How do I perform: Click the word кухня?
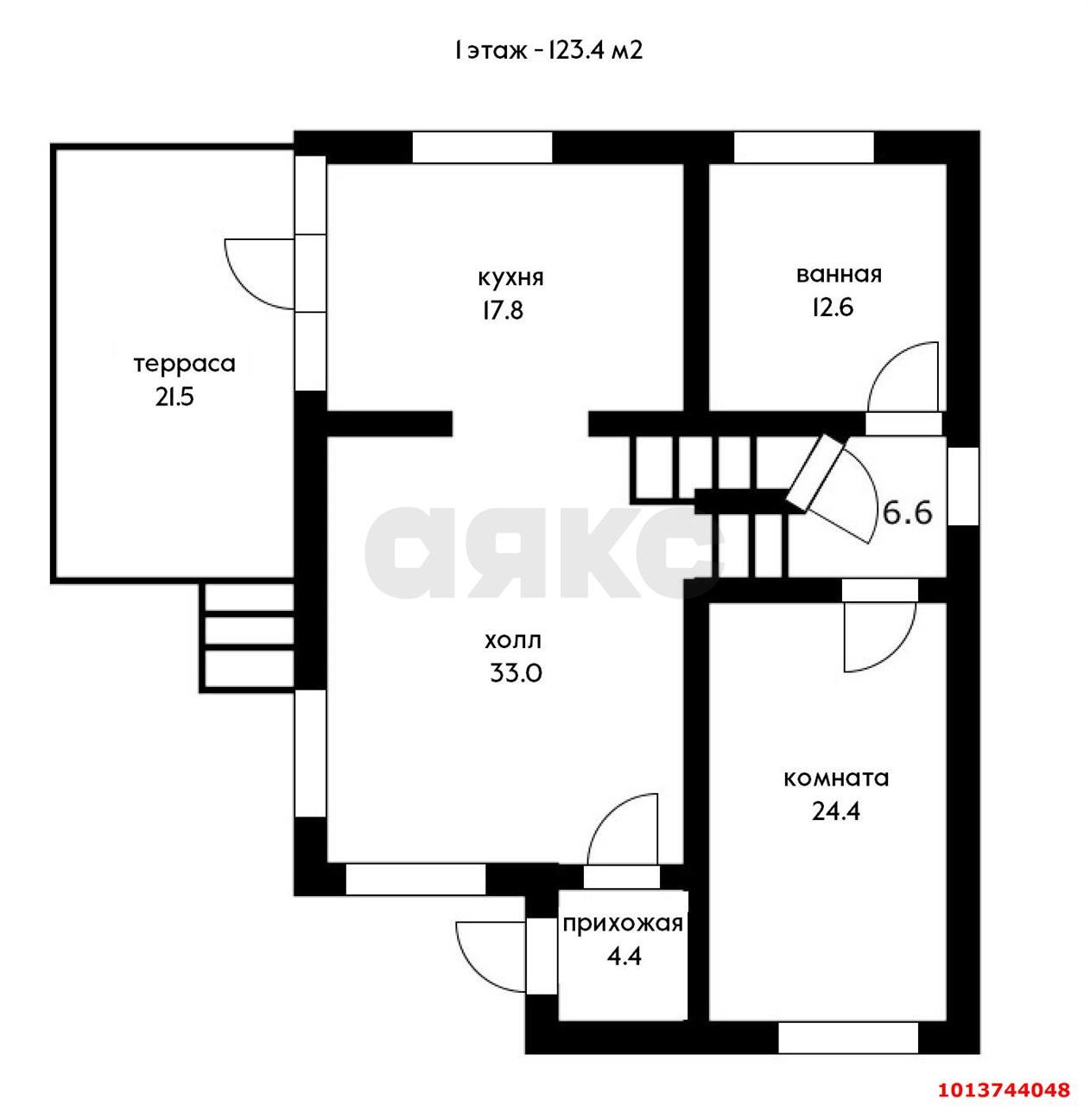(x=510, y=278)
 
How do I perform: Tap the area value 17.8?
(x=503, y=311)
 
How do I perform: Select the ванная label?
(x=839, y=275)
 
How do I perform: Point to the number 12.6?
(x=833, y=308)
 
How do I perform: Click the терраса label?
(x=185, y=364)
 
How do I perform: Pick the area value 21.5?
(x=174, y=397)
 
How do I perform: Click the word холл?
(x=512, y=640)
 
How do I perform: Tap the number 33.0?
(x=516, y=672)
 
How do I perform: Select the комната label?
(x=836, y=779)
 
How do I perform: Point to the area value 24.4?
(x=836, y=811)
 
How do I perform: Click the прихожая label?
(x=623, y=925)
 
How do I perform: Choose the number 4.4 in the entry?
(x=624, y=957)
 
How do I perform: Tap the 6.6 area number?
(x=907, y=512)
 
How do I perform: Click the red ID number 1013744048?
(x=1004, y=1089)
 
